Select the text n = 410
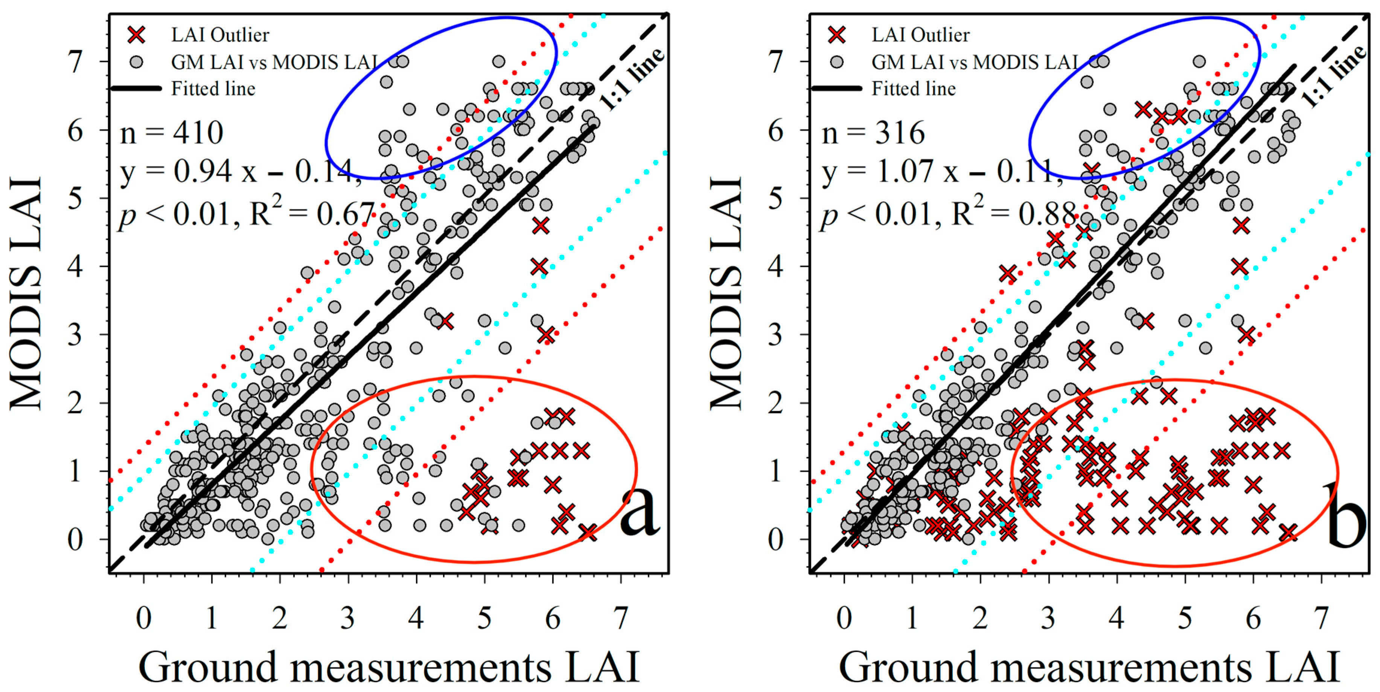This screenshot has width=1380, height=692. (x=171, y=133)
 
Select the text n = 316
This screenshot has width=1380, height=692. (x=873, y=133)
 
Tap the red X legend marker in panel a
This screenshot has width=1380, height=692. (x=137, y=35)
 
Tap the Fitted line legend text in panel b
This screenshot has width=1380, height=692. (x=913, y=88)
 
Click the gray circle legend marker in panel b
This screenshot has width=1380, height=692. (x=837, y=62)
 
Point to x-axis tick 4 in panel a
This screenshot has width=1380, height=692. (x=416, y=618)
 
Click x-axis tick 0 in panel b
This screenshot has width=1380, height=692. (x=844, y=618)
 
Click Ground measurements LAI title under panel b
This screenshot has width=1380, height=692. (x=1090, y=667)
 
